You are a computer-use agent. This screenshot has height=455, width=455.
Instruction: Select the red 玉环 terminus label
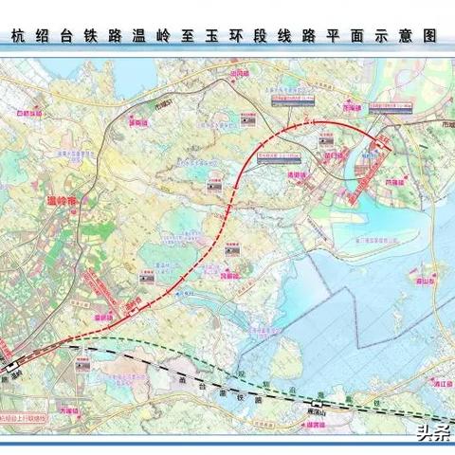coord(381,139)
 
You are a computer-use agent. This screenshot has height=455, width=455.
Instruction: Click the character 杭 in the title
coord(18,39)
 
